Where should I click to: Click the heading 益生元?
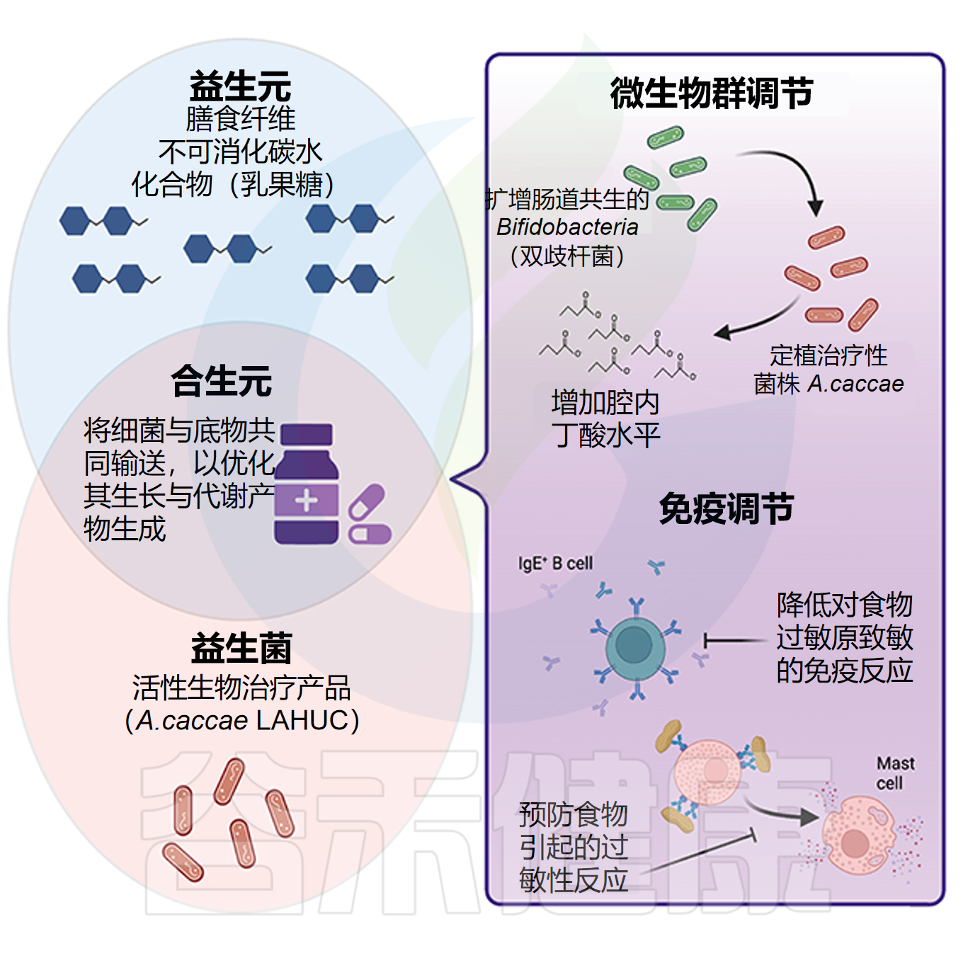[x=240, y=87]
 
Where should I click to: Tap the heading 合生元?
[x=222, y=380]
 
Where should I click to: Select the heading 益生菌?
[x=241, y=648]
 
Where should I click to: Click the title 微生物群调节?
[x=712, y=93]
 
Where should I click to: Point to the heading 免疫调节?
[x=726, y=508]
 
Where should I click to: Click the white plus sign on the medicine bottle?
[x=306, y=501]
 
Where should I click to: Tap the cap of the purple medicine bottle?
[x=307, y=434]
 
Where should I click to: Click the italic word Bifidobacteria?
[x=567, y=227]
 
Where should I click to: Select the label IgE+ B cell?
[x=555, y=564]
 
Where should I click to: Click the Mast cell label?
[x=895, y=773]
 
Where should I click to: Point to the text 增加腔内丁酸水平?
[x=605, y=418]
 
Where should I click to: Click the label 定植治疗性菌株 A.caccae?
[x=828, y=369]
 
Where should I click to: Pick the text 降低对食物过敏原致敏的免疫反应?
[x=844, y=637]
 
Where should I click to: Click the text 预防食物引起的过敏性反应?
[x=574, y=847]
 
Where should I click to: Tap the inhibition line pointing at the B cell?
[x=733, y=641]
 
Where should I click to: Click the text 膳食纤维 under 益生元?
[x=240, y=119]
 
